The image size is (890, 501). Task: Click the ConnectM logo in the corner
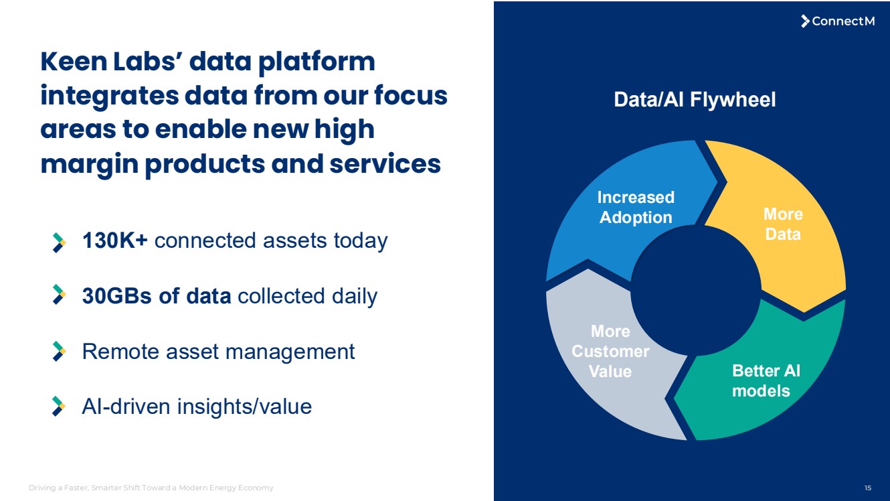pos(838,21)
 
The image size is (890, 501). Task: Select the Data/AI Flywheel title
pos(695,99)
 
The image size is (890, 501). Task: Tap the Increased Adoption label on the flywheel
pos(636,207)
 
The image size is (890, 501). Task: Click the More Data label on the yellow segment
pos(783,224)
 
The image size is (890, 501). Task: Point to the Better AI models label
pos(766,380)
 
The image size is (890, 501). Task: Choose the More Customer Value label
pos(610,351)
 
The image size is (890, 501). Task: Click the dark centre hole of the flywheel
pos(696,290)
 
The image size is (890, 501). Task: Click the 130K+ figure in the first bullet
pos(115,240)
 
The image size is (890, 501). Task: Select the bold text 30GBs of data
pos(157,296)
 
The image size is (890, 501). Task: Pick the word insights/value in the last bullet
pos(244,407)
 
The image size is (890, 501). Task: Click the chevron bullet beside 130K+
pos(59,242)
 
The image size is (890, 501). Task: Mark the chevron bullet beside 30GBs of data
pos(59,294)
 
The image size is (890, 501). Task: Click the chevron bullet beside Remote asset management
pos(59,351)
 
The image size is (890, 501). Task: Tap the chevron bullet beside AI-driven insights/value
pos(59,406)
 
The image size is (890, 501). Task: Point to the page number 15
pos(868,488)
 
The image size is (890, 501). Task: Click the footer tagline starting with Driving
pos(151,488)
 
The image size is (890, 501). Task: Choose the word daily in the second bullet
pos(355,297)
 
